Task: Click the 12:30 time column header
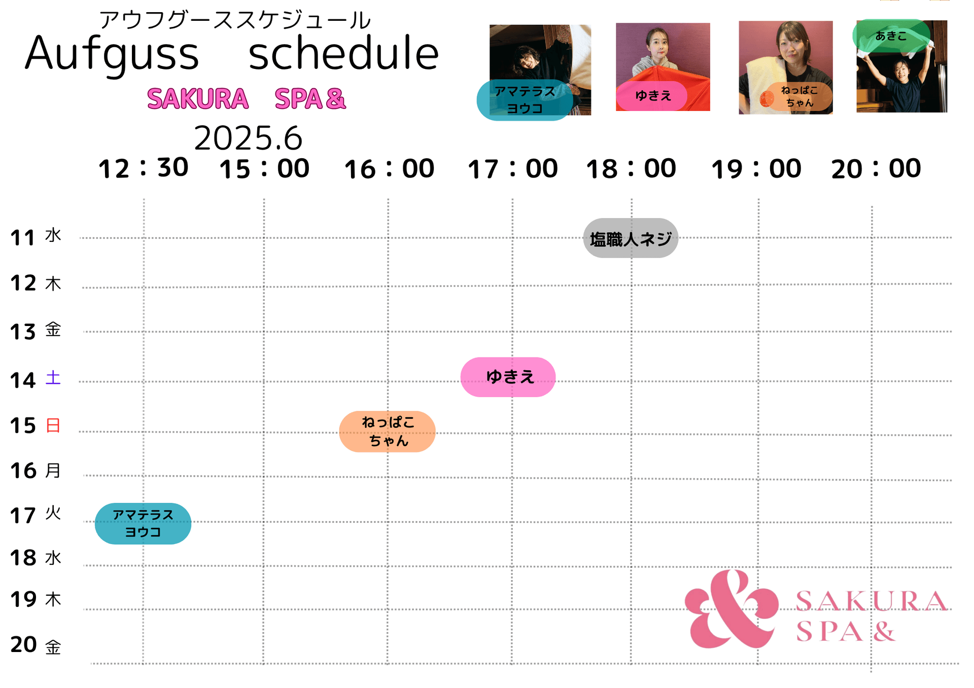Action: pyautogui.click(x=143, y=168)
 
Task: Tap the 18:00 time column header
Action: pyautogui.click(x=631, y=168)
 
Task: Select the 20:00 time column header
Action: pyautogui.click(x=876, y=168)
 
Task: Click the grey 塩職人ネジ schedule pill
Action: pyautogui.click(x=631, y=238)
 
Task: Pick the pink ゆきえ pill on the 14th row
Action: pyautogui.click(x=508, y=377)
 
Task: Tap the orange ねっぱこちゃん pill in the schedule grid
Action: pyautogui.click(x=387, y=431)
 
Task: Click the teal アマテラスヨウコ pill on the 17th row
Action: pyautogui.click(x=143, y=524)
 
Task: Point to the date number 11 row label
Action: pyautogui.click(x=23, y=238)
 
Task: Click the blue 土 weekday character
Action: pyautogui.click(x=53, y=378)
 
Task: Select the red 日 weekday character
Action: pyautogui.click(x=53, y=425)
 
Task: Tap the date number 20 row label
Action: pyautogui.click(x=23, y=645)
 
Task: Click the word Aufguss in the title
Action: pyautogui.click(x=112, y=53)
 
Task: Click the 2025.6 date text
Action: pyautogui.click(x=248, y=138)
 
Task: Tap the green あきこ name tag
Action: pyautogui.click(x=891, y=36)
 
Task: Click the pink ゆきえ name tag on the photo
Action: pyautogui.click(x=652, y=96)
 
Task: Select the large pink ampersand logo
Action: pyautogui.click(x=732, y=608)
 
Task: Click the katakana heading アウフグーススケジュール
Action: pyautogui.click(x=235, y=20)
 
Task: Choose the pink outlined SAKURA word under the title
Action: pyautogui.click(x=198, y=98)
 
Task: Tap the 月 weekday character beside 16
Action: pyautogui.click(x=53, y=470)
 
